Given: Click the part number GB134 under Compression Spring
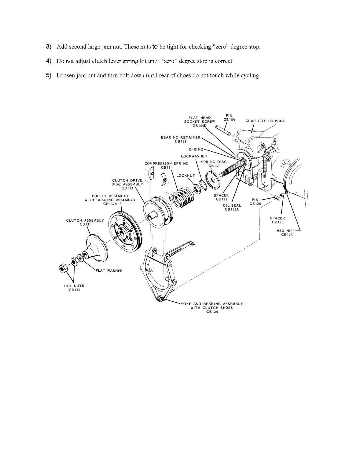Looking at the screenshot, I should point(166,167).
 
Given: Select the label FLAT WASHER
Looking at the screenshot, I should point(109,271).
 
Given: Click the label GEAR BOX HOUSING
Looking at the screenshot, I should point(265,121).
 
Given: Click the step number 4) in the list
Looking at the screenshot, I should point(49,61).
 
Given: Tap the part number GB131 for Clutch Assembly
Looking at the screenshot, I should point(85,224).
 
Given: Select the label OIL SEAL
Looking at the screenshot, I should point(232,205).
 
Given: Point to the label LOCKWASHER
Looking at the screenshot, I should point(194,156).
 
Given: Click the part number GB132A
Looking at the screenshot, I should point(110,204).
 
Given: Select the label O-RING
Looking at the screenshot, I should point(196,150).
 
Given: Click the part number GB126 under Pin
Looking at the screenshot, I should point(255,204).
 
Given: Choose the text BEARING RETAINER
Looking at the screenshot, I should point(180,137).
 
